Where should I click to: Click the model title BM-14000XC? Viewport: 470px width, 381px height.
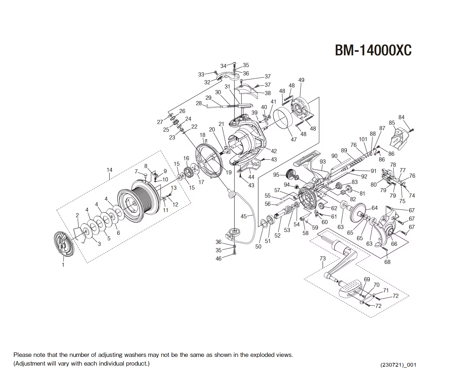[x=373, y=50]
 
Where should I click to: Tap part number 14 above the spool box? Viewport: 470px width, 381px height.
[x=109, y=170]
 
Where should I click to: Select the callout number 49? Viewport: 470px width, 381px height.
[x=301, y=80]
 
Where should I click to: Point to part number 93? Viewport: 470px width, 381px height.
[x=322, y=162]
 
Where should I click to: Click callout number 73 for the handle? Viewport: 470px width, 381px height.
[x=322, y=258]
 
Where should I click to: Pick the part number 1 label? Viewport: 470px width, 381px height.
[x=63, y=265]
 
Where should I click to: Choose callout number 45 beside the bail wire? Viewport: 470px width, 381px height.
[x=244, y=216]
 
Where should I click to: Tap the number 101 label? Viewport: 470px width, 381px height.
[x=363, y=139]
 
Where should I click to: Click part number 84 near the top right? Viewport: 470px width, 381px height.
[x=401, y=117]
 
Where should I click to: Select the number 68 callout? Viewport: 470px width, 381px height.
[x=387, y=262]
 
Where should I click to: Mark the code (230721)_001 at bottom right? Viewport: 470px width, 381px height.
[x=398, y=365]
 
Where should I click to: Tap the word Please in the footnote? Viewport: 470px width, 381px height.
[x=22, y=355]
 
